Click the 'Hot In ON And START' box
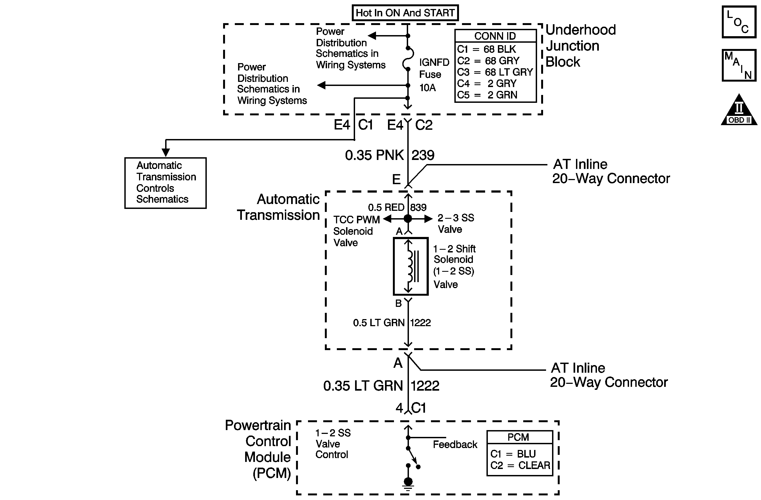tap(405, 13)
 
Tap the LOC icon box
tap(739, 22)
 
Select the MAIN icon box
tap(739, 65)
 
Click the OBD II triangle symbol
tap(739, 109)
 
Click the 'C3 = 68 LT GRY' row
tap(495, 72)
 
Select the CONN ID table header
tap(495, 36)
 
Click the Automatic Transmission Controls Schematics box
tap(165, 183)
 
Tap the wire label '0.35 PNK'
tap(374, 155)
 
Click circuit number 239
tap(423, 155)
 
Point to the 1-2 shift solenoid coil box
tap(411, 266)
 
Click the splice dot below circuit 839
tap(408, 219)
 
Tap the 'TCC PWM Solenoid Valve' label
tap(356, 231)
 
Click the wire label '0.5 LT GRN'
tap(378, 323)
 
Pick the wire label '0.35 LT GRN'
tap(363, 385)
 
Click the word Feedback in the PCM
tap(455, 445)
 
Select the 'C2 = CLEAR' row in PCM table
tap(520, 465)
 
